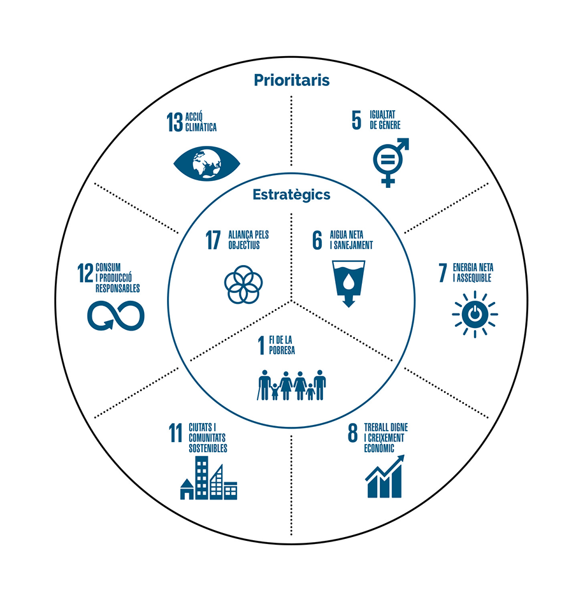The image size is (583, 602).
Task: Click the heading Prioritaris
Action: (x=292, y=80)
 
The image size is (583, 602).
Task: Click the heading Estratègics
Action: (x=292, y=195)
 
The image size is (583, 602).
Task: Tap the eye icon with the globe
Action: (x=206, y=164)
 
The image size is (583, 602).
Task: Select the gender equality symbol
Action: (x=391, y=162)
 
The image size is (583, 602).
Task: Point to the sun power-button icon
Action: (x=475, y=315)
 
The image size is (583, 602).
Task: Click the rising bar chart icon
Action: (x=385, y=477)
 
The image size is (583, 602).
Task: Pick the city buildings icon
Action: (x=208, y=478)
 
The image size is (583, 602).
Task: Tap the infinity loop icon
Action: (x=116, y=315)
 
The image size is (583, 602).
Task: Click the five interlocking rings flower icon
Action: (x=243, y=285)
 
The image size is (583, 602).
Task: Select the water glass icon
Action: (x=349, y=283)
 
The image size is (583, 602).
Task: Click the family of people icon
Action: (x=292, y=385)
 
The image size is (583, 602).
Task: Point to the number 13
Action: (x=175, y=122)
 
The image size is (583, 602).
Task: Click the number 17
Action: (x=213, y=240)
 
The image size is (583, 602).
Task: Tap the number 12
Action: (x=85, y=273)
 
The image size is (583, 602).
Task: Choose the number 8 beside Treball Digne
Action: (x=352, y=433)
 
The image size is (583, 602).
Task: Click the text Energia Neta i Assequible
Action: (x=473, y=273)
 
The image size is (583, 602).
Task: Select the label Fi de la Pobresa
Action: (x=282, y=345)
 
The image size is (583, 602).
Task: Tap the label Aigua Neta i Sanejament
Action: (x=352, y=240)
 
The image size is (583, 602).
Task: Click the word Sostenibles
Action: (x=208, y=448)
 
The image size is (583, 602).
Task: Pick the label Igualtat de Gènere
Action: (x=385, y=120)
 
